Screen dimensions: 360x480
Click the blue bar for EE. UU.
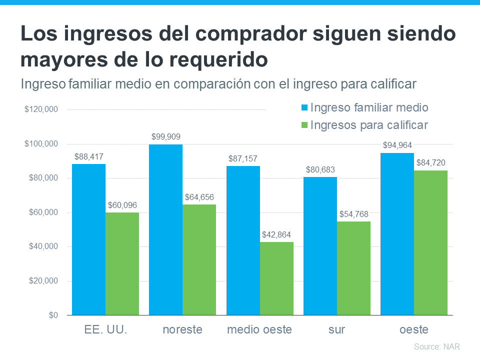88,239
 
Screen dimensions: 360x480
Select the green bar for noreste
165,259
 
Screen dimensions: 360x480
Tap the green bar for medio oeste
276,278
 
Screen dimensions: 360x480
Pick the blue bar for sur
320,246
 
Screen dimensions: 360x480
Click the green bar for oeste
430,242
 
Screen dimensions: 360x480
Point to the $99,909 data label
166,136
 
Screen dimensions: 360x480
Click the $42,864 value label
276,234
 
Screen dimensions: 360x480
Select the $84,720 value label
430,162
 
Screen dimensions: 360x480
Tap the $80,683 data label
320,169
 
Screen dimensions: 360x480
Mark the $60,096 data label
122,205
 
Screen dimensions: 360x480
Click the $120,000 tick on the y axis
41,109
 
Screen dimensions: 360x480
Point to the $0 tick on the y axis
52,315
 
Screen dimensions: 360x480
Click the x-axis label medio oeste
259,330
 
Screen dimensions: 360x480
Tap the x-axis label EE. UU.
105,330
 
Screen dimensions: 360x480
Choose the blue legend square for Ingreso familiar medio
304,108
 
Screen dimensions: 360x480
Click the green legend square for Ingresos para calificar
304,125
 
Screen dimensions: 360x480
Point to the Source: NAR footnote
436,346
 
